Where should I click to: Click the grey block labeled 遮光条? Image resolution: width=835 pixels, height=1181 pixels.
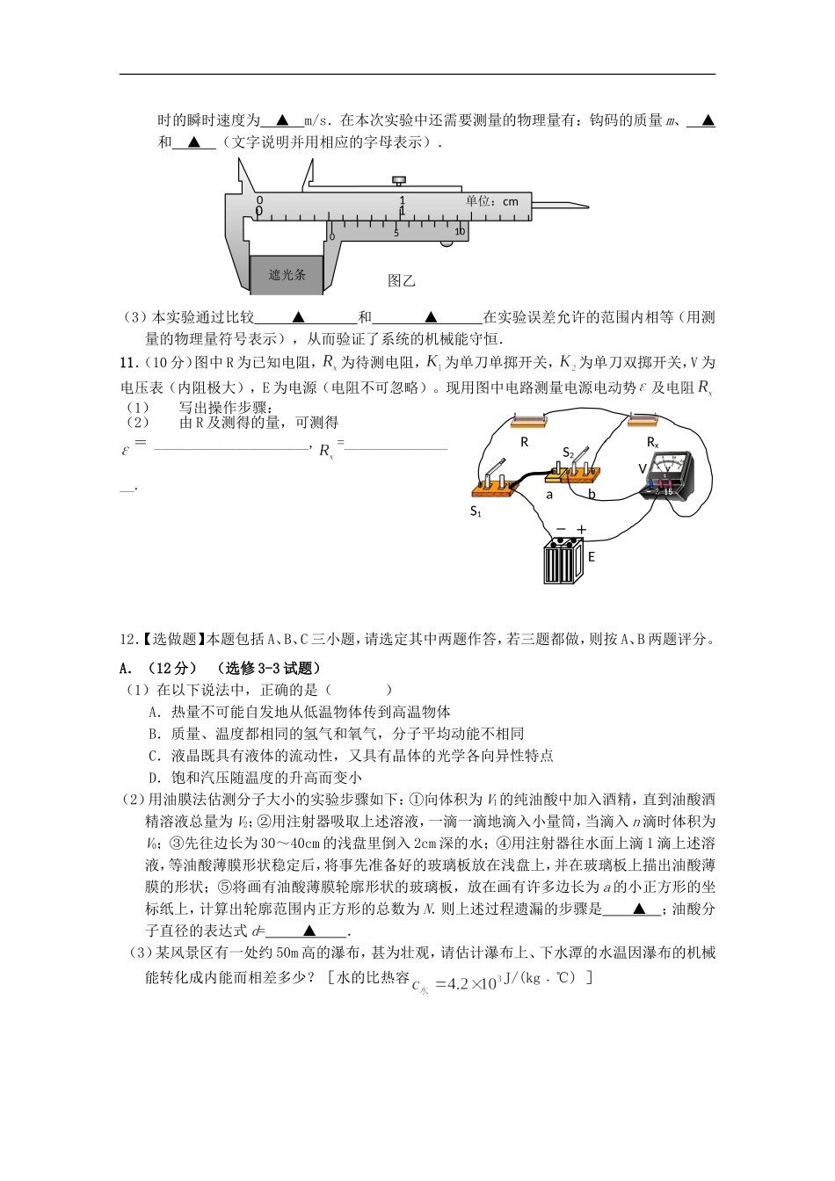tap(287, 274)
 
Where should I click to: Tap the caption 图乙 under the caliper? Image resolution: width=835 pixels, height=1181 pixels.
tap(401, 281)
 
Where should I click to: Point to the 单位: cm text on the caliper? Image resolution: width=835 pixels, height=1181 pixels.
tap(492, 201)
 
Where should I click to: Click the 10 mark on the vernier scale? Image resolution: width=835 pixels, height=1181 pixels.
tap(460, 232)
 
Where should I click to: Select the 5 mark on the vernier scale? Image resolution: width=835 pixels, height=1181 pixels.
tap(396, 233)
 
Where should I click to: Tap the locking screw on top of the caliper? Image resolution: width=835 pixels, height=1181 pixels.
tap(399, 181)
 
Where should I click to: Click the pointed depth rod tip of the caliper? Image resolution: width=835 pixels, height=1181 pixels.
tap(584, 206)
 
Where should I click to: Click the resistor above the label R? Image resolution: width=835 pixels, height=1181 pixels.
tap(525, 422)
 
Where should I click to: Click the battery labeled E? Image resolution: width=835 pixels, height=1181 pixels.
tap(563, 562)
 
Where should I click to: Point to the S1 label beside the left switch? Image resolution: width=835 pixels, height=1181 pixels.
tap(476, 511)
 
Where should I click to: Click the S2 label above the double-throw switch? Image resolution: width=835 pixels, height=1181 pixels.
tap(569, 453)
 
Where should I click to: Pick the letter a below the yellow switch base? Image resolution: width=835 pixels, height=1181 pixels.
tap(549, 495)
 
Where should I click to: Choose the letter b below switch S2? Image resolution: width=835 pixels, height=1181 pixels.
tap(592, 495)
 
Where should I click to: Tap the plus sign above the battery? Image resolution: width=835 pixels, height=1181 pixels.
tap(581, 529)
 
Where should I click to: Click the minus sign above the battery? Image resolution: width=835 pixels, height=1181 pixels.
tap(561, 529)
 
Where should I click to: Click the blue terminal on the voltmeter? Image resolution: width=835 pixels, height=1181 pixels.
tap(651, 484)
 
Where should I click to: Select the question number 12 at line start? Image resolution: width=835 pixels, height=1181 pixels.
tap(127, 640)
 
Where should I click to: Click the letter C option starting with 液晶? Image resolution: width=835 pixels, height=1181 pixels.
tap(154, 756)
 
